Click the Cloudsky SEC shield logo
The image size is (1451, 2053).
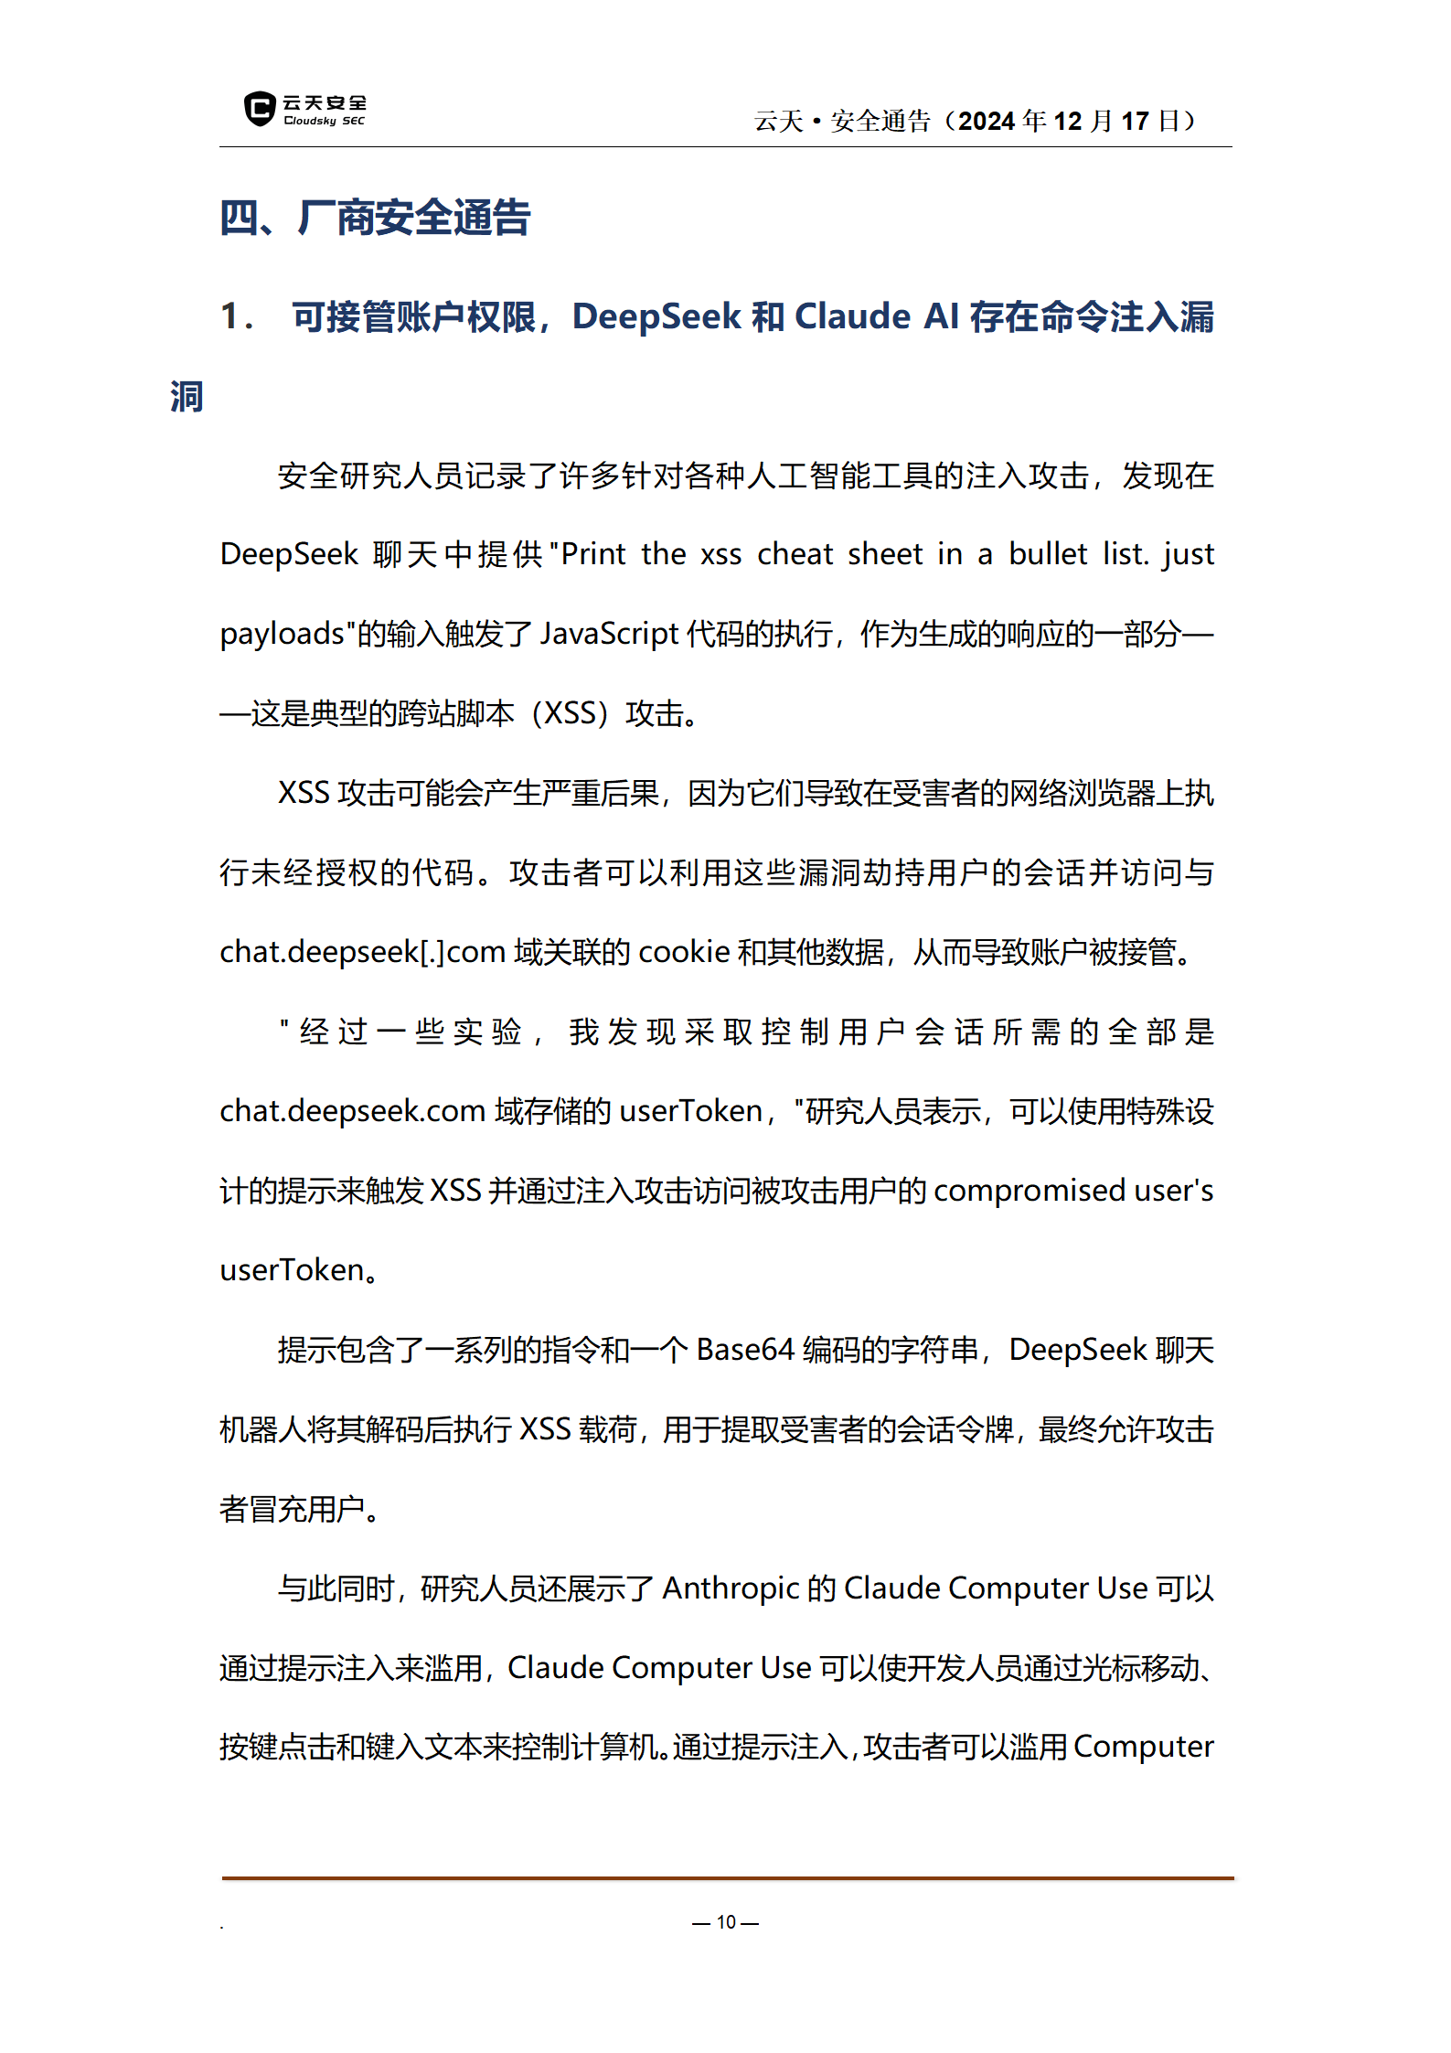260,109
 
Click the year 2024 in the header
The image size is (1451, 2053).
987,121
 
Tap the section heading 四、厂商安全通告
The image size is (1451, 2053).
375,218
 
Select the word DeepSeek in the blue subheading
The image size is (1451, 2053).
656,316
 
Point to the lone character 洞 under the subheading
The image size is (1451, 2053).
187,397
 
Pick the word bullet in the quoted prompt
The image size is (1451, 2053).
1048,554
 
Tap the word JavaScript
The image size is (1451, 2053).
609,634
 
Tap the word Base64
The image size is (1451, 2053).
745,1350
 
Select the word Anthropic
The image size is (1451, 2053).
731,1588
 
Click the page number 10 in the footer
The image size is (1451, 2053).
726,1922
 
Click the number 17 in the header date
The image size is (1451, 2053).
1135,121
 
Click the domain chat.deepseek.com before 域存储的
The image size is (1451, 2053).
352,1111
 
